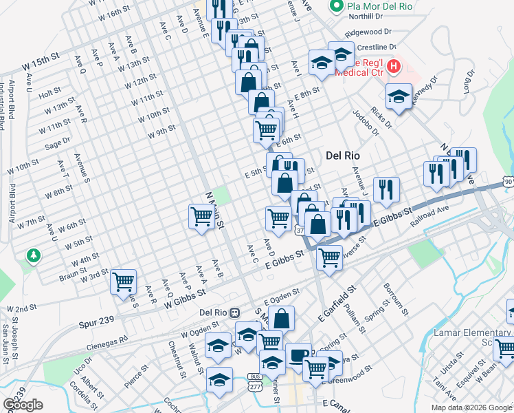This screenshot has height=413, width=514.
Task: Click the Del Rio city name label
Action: point(343,156)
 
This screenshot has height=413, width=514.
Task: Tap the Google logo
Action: point(23,405)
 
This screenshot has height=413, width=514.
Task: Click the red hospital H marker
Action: point(394,67)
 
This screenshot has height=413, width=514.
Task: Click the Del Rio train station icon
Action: point(234,312)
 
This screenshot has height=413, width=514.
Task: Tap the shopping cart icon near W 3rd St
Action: point(124,281)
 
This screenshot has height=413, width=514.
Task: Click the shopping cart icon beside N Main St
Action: point(202,216)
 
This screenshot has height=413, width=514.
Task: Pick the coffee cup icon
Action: point(298,355)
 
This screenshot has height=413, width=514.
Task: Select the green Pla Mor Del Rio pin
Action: point(336,8)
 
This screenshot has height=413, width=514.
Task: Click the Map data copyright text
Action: point(471,407)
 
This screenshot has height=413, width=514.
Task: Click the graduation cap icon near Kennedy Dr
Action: point(399,97)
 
